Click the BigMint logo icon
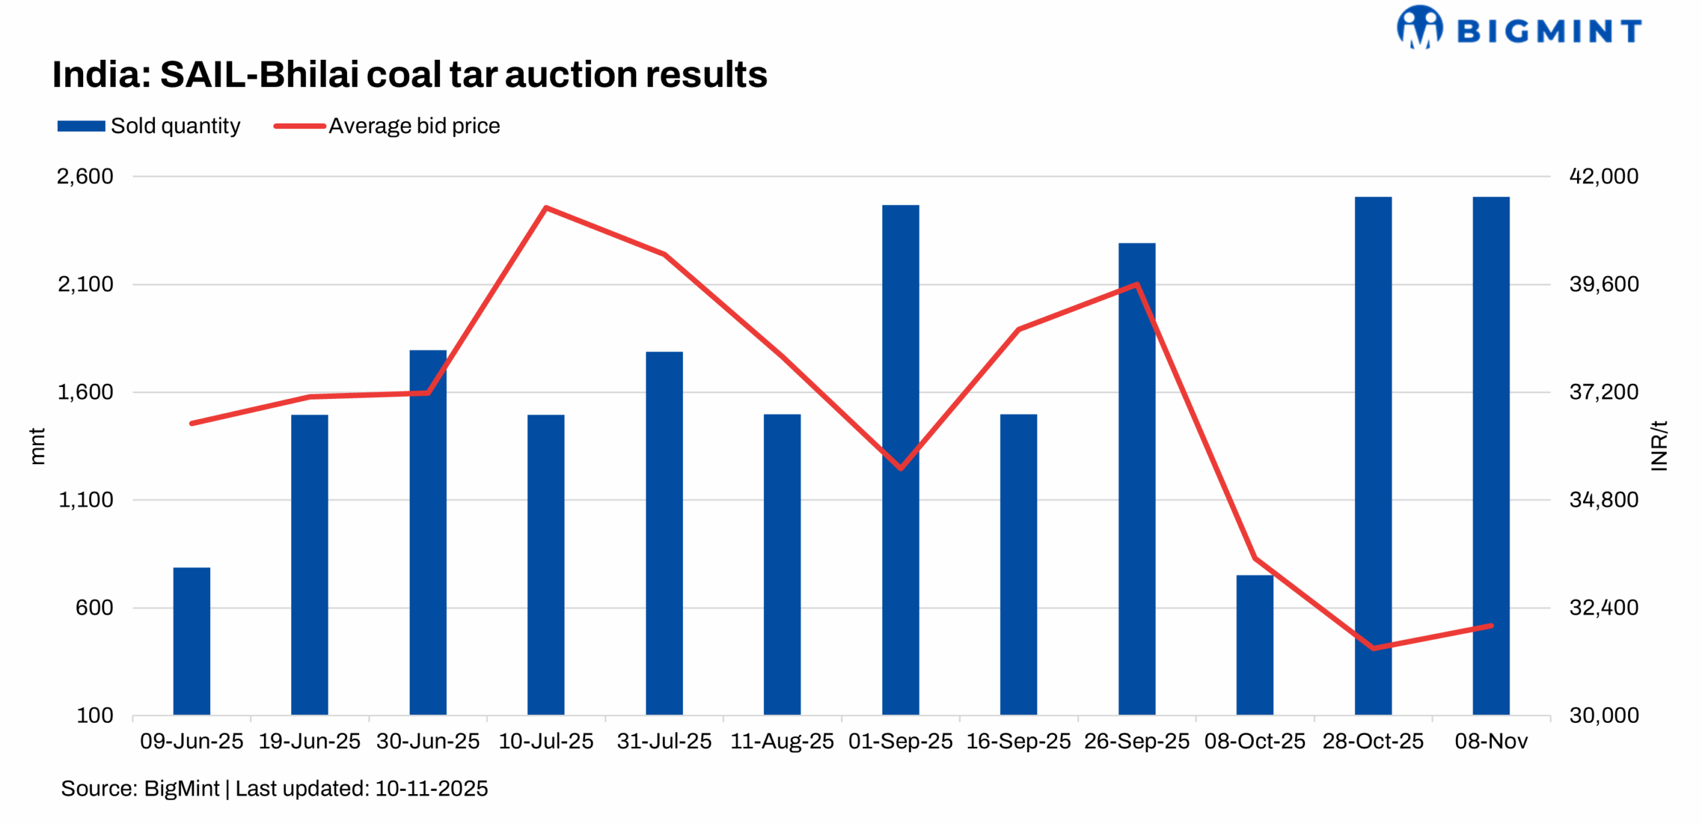coord(1419,27)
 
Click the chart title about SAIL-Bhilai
coord(410,74)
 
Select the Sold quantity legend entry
coord(149,126)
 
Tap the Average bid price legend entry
coord(387,126)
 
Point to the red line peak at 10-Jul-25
coord(546,208)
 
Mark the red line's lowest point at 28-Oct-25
coord(1373,648)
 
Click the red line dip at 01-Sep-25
coord(900,468)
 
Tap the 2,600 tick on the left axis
coord(85,176)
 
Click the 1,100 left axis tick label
coord(86,499)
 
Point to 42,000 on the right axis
coord(1603,176)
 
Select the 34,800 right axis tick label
coord(1603,499)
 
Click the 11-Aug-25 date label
coord(782,741)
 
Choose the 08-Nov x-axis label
coord(1491,741)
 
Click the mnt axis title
coord(37,446)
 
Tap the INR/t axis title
coord(1659,446)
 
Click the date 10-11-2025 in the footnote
coord(431,789)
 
